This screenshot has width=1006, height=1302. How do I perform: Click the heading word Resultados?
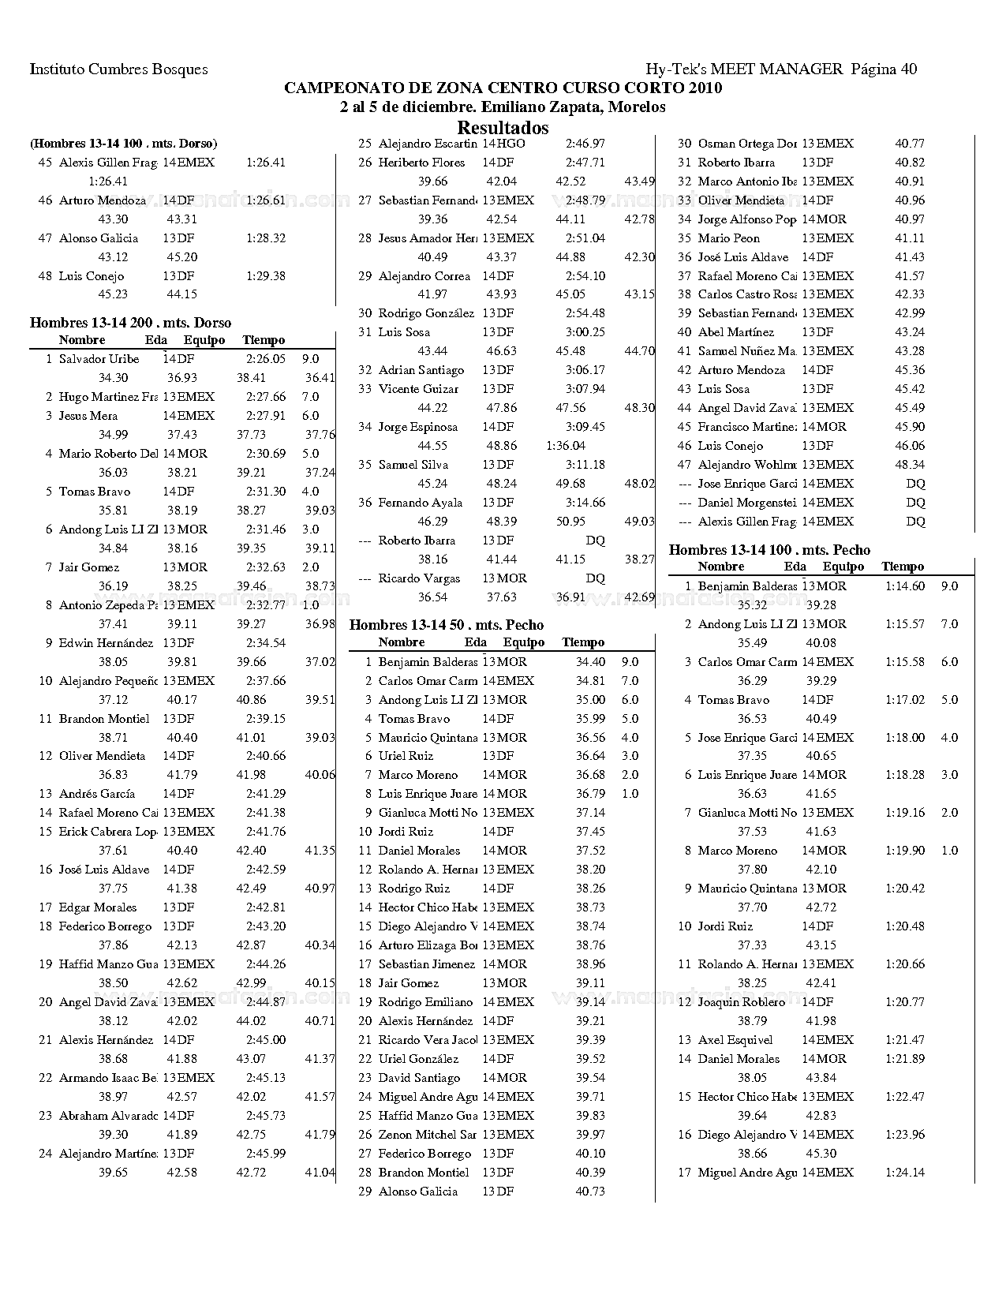pos(503,128)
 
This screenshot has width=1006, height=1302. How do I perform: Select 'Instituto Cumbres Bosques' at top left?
pos(119,69)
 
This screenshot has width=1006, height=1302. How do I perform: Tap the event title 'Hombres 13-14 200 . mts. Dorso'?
pos(131,322)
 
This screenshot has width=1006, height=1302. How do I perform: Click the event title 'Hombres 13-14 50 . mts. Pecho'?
pos(447,625)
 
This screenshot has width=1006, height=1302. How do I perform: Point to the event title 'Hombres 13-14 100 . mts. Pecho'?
pos(769,550)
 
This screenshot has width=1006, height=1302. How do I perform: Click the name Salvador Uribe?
pos(99,359)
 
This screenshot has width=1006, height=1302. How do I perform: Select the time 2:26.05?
pos(265,359)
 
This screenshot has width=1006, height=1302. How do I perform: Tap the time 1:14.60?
pos(905,586)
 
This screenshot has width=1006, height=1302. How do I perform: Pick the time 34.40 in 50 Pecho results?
pos(590,662)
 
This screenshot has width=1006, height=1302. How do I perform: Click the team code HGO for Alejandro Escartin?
pos(510,144)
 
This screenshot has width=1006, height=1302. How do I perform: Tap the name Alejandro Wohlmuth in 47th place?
pos(746,465)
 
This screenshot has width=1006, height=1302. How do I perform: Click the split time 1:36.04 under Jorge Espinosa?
pos(566,446)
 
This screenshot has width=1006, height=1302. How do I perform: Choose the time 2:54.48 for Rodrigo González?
pos(585,313)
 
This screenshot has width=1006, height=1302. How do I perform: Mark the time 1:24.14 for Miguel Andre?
pos(905,1173)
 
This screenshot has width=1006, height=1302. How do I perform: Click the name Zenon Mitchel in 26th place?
pos(427,1135)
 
